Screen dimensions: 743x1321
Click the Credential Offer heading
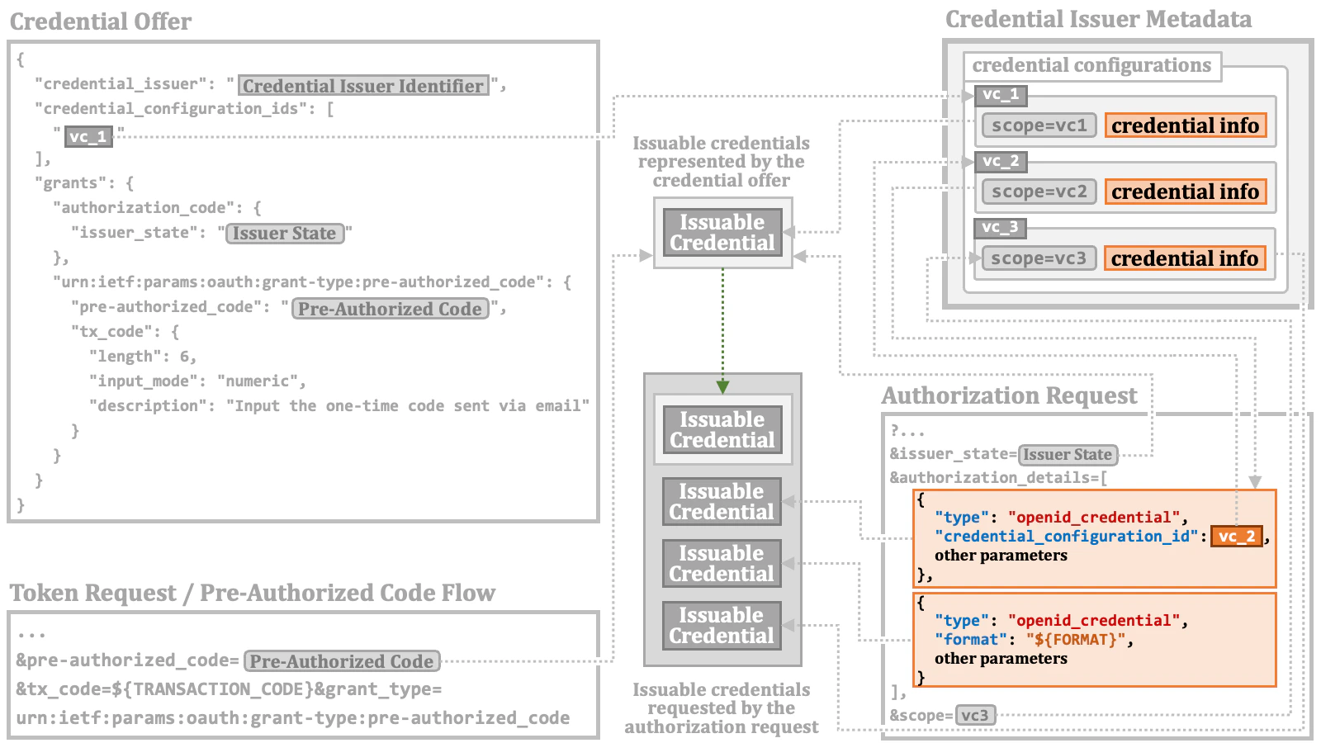101,21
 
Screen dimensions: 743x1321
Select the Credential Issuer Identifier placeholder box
363,86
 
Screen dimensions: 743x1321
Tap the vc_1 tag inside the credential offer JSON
88,136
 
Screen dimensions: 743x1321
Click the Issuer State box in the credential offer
284,234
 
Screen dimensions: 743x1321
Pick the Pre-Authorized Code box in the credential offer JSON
390,309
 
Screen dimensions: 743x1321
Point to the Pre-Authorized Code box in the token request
342,661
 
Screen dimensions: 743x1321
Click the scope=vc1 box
1039,125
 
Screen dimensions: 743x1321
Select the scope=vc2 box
1039,192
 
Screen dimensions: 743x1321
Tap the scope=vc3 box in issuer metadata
1039,258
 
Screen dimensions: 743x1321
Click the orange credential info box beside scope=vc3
1185,258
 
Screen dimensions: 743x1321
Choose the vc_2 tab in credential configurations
1001,161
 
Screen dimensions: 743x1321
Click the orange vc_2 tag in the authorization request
1237,537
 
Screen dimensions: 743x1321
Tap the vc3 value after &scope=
975,715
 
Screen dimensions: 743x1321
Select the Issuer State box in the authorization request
1068,455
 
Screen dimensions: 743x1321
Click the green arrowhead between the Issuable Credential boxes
722,386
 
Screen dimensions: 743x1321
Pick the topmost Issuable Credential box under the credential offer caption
722,233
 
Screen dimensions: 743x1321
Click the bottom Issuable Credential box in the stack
722,626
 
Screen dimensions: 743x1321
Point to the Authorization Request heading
1009,396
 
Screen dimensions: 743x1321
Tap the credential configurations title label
1091,66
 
